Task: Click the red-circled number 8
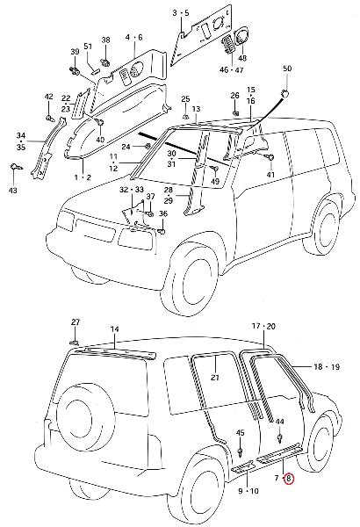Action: pyautogui.click(x=289, y=479)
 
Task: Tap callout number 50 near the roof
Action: pyautogui.click(x=287, y=69)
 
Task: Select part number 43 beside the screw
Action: pyautogui.click(x=13, y=191)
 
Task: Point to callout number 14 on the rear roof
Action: pyautogui.click(x=115, y=329)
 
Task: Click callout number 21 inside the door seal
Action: pyautogui.click(x=215, y=377)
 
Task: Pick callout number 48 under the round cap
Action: pyautogui.click(x=242, y=58)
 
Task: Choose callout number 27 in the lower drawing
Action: pyautogui.click(x=76, y=322)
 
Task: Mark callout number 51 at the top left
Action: pyautogui.click(x=88, y=46)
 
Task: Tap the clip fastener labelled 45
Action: pyautogui.click(x=240, y=451)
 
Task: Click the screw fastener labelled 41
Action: pyautogui.click(x=270, y=157)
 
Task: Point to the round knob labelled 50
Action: pyautogui.click(x=285, y=94)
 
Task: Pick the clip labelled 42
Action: pyautogui.click(x=50, y=118)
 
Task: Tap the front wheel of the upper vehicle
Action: pyautogui.click(x=192, y=278)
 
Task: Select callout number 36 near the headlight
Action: pyautogui.click(x=163, y=214)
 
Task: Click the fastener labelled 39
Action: pyautogui.click(x=74, y=70)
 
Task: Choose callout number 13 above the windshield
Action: pyautogui.click(x=197, y=109)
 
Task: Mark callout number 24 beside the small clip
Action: pyautogui.click(x=126, y=147)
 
